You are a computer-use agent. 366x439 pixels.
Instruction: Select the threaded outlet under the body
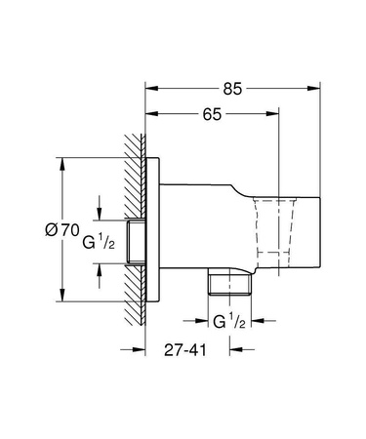pos(227,284)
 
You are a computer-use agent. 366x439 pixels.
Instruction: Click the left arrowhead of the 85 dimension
pos(148,87)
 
